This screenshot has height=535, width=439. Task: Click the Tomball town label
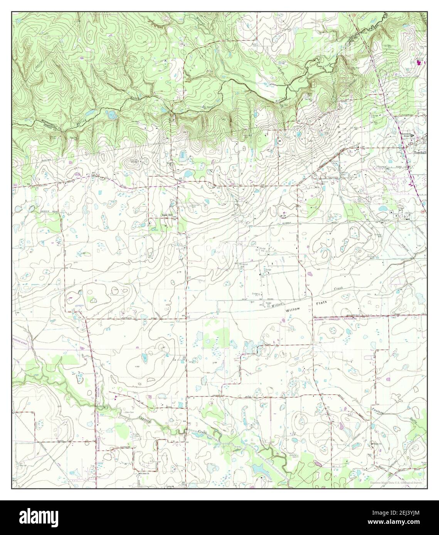pos(420,152)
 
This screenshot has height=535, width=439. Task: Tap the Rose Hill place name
pos(167,216)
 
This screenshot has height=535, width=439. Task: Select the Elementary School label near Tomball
pos(405,135)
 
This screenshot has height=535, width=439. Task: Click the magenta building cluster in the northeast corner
pos(419,62)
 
